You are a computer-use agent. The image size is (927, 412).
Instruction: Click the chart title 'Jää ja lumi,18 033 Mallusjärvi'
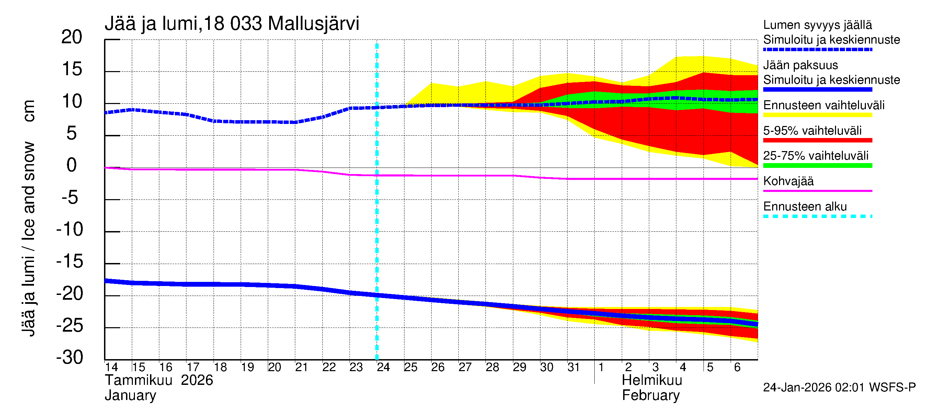[232, 24]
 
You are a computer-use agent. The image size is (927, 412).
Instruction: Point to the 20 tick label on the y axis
[72, 37]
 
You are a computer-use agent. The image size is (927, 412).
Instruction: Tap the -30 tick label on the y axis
[70, 357]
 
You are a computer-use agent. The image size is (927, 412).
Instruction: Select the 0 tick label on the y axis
[72, 165]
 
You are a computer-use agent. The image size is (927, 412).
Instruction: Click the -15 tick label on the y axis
[70, 261]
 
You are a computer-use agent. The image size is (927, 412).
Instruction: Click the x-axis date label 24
[383, 367]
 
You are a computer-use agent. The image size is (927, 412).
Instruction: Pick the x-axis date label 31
[573, 367]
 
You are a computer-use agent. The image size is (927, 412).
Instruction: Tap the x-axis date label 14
[111, 367]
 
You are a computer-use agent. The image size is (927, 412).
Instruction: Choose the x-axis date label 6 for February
[737, 367]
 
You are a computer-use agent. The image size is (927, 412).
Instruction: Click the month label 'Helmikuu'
[652, 380]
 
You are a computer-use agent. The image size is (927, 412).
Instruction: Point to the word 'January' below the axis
[130, 396]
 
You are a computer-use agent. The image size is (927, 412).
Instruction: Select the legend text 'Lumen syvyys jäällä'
[817, 25]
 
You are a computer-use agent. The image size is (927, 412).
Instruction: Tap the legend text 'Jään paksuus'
[800, 65]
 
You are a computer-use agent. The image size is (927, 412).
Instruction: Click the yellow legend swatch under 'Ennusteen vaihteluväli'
[817, 115]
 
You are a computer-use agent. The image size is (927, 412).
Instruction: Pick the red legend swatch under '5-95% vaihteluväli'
[817, 140]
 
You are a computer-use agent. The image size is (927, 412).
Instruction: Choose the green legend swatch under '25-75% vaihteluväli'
[817, 165]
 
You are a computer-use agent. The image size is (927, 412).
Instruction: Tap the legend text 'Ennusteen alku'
[805, 207]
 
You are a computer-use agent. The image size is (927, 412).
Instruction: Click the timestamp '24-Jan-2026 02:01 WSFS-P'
[839, 388]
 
